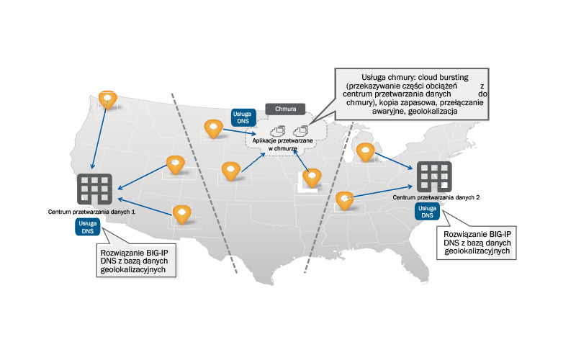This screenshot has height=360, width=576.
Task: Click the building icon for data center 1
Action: tap(94, 189)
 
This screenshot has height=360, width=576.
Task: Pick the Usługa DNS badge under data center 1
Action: tap(86, 228)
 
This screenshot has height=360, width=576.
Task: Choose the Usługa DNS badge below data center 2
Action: tap(428, 210)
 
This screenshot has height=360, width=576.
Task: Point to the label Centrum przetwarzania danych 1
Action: tap(91, 212)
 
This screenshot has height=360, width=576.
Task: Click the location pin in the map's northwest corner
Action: tap(107, 99)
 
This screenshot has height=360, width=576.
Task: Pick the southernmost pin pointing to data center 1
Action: tap(182, 214)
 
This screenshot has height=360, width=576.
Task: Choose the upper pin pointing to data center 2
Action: tap(366, 152)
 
